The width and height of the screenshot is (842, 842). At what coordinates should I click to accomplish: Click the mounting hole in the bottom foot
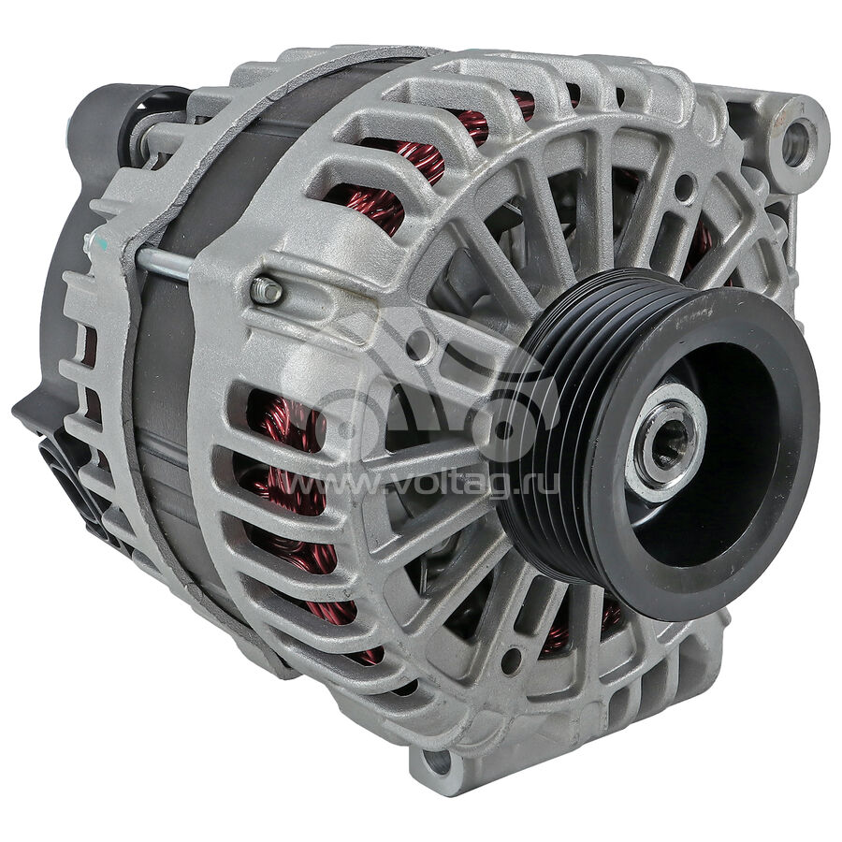pyautogui.click(x=437, y=762)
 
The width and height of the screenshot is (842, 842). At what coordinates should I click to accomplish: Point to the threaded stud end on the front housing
pyautogui.click(x=266, y=291)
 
